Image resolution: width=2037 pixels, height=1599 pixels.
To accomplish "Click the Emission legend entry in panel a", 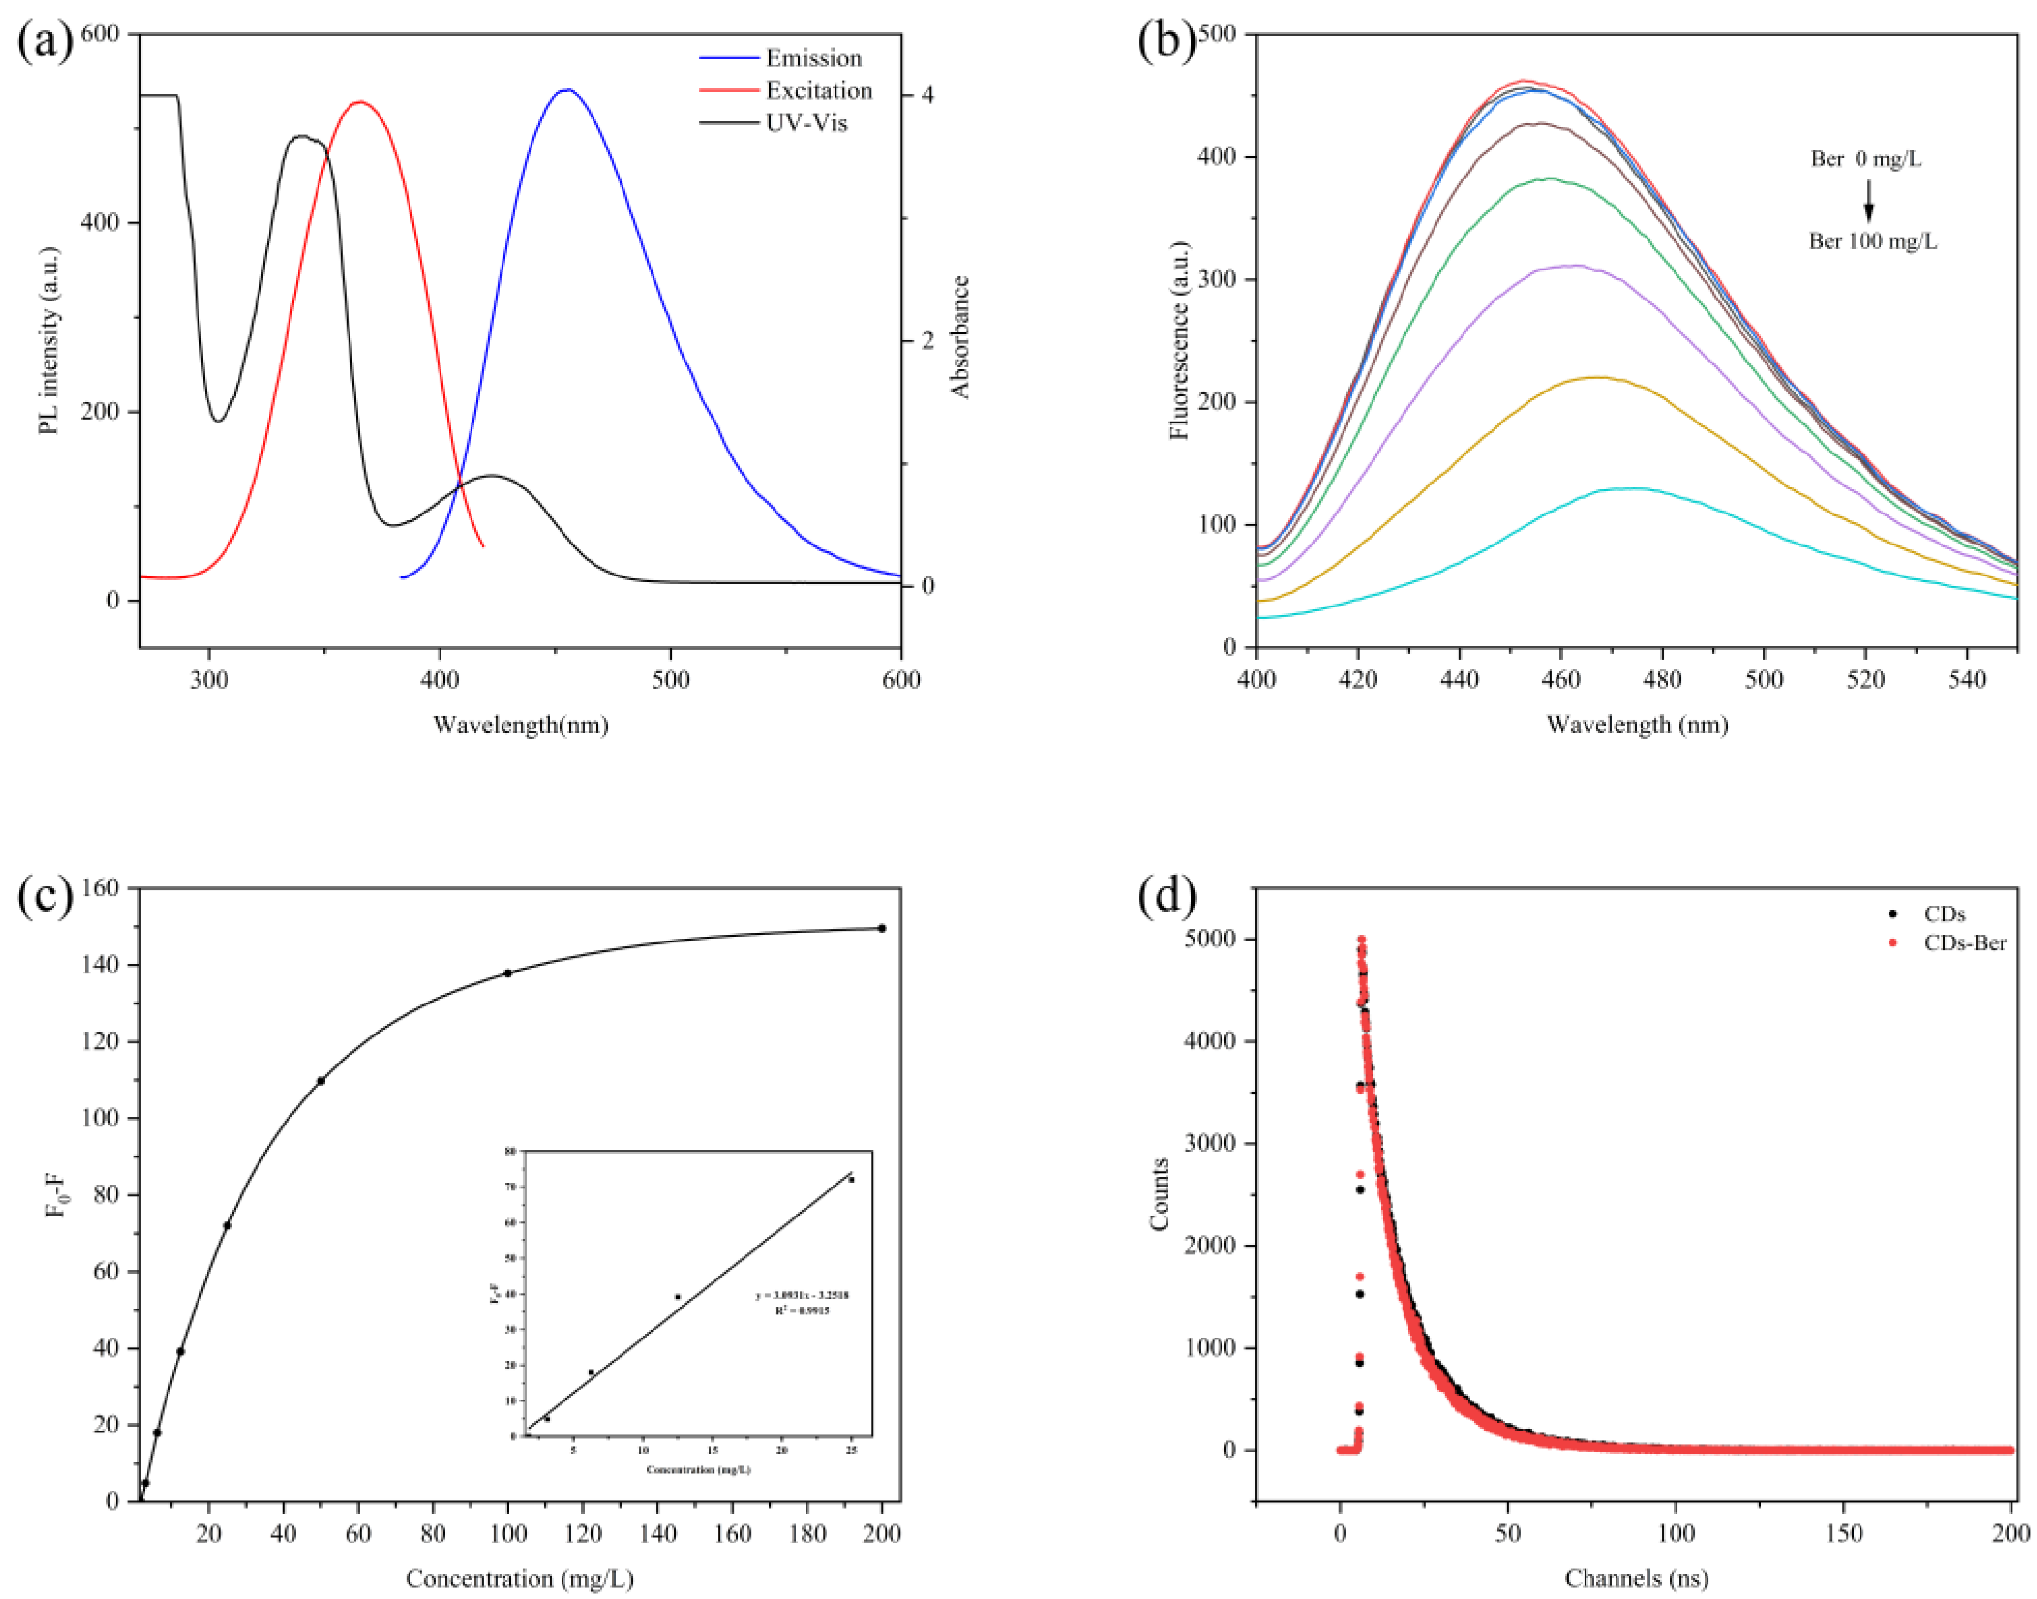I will point(813,58).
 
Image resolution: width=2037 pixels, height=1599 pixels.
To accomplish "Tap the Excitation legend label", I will point(818,91).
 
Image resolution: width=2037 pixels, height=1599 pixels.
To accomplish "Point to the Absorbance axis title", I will point(960,337).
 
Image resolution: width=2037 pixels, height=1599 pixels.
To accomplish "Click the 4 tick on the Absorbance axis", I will point(927,96).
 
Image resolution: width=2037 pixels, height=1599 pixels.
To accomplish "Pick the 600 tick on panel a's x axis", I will point(900,680).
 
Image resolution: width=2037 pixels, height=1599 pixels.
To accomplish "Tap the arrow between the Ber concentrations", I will point(1869,199).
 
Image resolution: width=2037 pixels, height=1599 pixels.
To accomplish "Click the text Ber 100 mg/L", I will point(1872,241).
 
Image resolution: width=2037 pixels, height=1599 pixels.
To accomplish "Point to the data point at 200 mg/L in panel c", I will point(882,928).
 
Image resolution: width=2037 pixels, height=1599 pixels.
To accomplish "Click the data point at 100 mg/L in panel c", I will point(507,973).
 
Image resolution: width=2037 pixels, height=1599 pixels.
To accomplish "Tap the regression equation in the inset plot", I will point(802,1296).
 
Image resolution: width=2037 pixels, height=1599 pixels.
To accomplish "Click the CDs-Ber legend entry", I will point(1964,942).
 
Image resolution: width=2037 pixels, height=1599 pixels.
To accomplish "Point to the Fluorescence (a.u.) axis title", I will point(1179,339).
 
